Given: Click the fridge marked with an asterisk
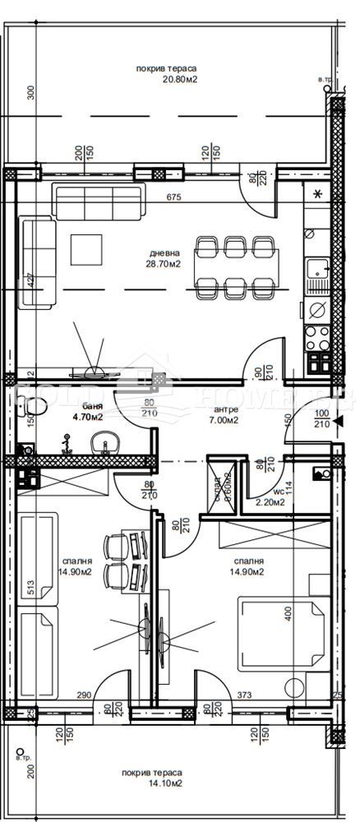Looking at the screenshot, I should [317, 196].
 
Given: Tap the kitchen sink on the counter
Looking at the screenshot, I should [316, 272].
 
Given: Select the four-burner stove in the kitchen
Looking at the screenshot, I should [316, 337].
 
